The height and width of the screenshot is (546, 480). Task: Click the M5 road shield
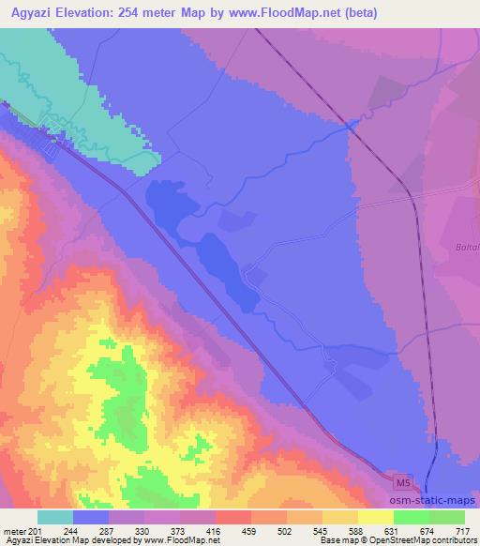pos(402,483)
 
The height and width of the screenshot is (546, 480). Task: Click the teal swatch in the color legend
pos(55,517)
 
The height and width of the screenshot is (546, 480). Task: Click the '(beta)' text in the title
pos(362,12)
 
